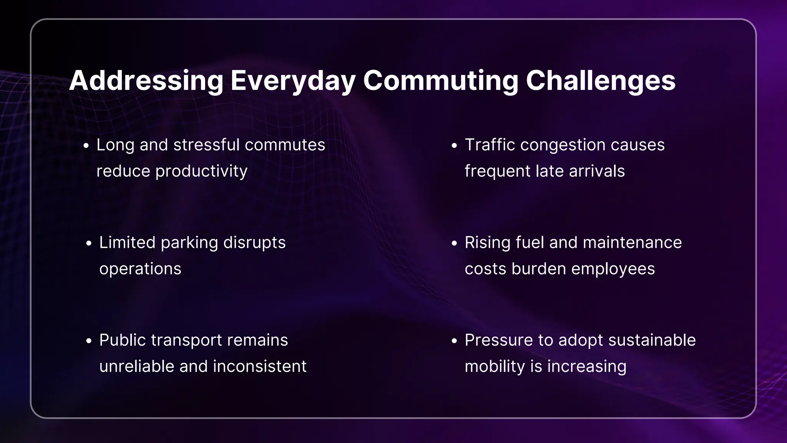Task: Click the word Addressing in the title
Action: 146,81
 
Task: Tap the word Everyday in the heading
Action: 293,81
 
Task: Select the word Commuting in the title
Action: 440,81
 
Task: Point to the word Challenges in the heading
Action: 600,81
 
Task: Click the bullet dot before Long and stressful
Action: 86,146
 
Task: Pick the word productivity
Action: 201,171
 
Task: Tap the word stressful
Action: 206,145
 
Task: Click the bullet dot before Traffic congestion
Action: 454,146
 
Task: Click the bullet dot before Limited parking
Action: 89,244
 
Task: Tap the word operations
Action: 140,269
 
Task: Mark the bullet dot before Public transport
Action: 89,341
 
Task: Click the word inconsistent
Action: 260,366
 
